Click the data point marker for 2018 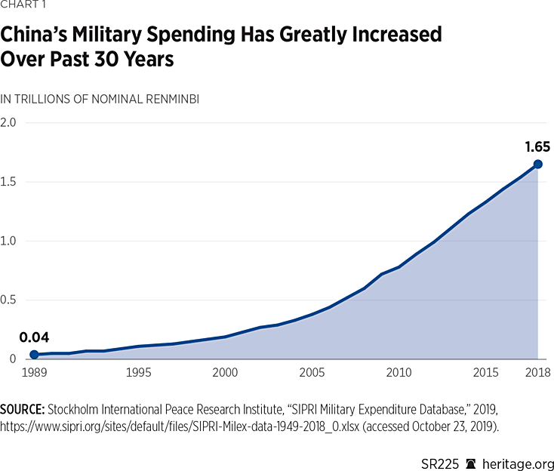(x=537, y=164)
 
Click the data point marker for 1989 (x=33, y=355)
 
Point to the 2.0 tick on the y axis (x=11, y=122)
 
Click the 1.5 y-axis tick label (x=11, y=182)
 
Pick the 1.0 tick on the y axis (x=11, y=242)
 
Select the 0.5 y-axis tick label (x=11, y=300)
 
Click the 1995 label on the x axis (x=137, y=373)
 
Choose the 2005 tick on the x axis (x=312, y=373)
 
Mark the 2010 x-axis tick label (x=399, y=373)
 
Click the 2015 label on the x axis (x=485, y=373)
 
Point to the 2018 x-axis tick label (x=537, y=373)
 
